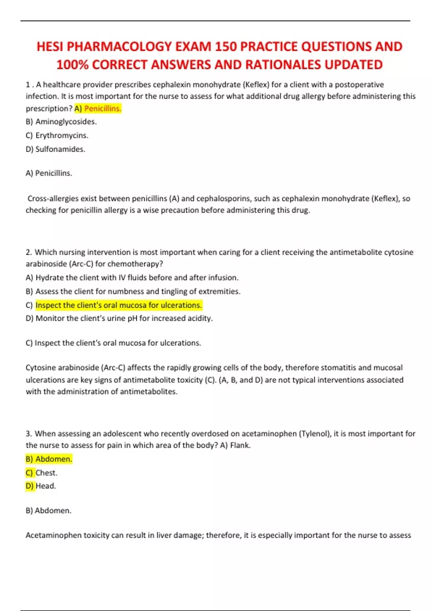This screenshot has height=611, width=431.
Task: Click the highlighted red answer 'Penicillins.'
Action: [103, 109]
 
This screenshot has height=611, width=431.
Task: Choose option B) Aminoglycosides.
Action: [61, 122]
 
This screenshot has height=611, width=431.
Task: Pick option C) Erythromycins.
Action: [57, 135]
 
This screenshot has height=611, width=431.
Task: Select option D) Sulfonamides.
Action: [56, 149]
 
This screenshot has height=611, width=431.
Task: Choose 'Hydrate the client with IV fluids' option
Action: [132, 277]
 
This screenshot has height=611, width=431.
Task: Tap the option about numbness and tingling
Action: [133, 291]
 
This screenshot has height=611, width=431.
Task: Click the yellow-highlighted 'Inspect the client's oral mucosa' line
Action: [119, 305]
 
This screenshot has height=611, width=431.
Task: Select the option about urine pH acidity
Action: [119, 318]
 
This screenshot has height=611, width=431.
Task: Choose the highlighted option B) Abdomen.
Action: [49, 459]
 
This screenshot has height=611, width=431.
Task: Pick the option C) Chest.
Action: [42, 473]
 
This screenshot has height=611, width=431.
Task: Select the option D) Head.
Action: [41, 486]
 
